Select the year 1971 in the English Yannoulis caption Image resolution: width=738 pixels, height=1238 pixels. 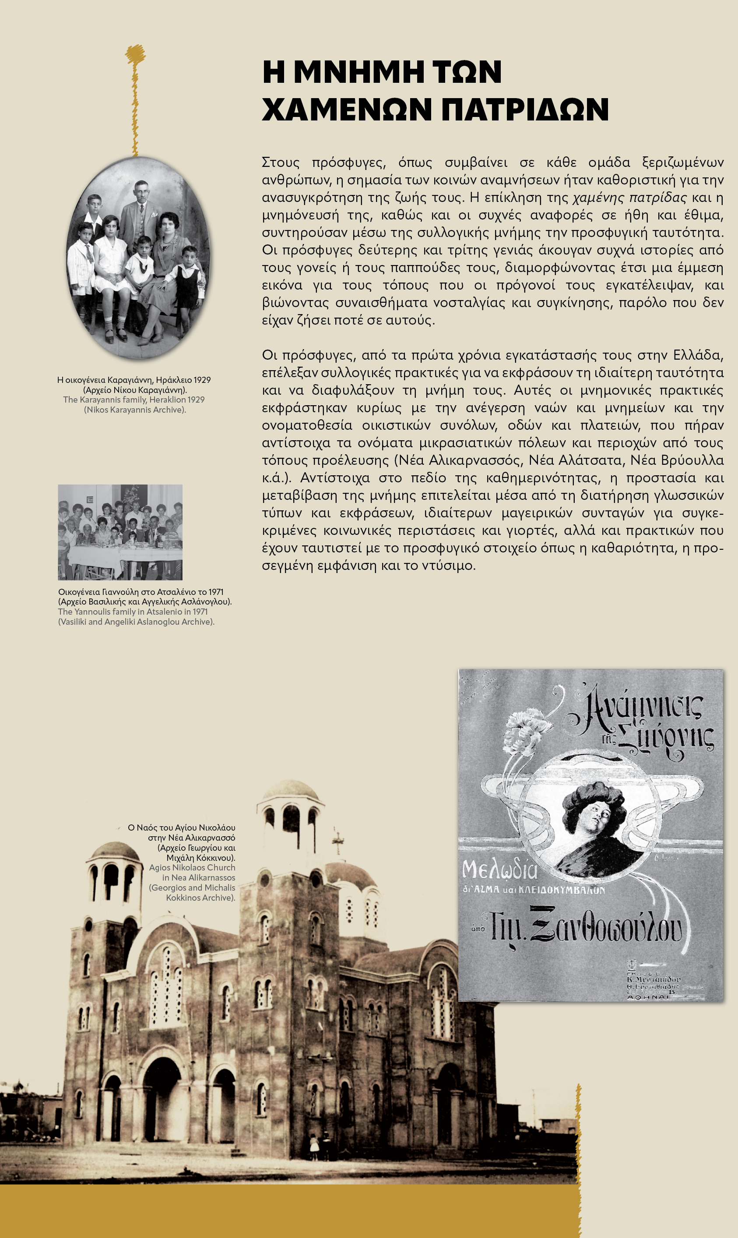coord(200,612)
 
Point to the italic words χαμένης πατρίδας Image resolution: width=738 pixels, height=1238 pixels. coord(629,198)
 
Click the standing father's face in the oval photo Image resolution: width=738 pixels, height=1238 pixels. coord(141,191)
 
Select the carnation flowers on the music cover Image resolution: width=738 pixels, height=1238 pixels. coord(527,727)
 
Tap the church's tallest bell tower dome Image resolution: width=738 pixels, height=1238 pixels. coord(290,791)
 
